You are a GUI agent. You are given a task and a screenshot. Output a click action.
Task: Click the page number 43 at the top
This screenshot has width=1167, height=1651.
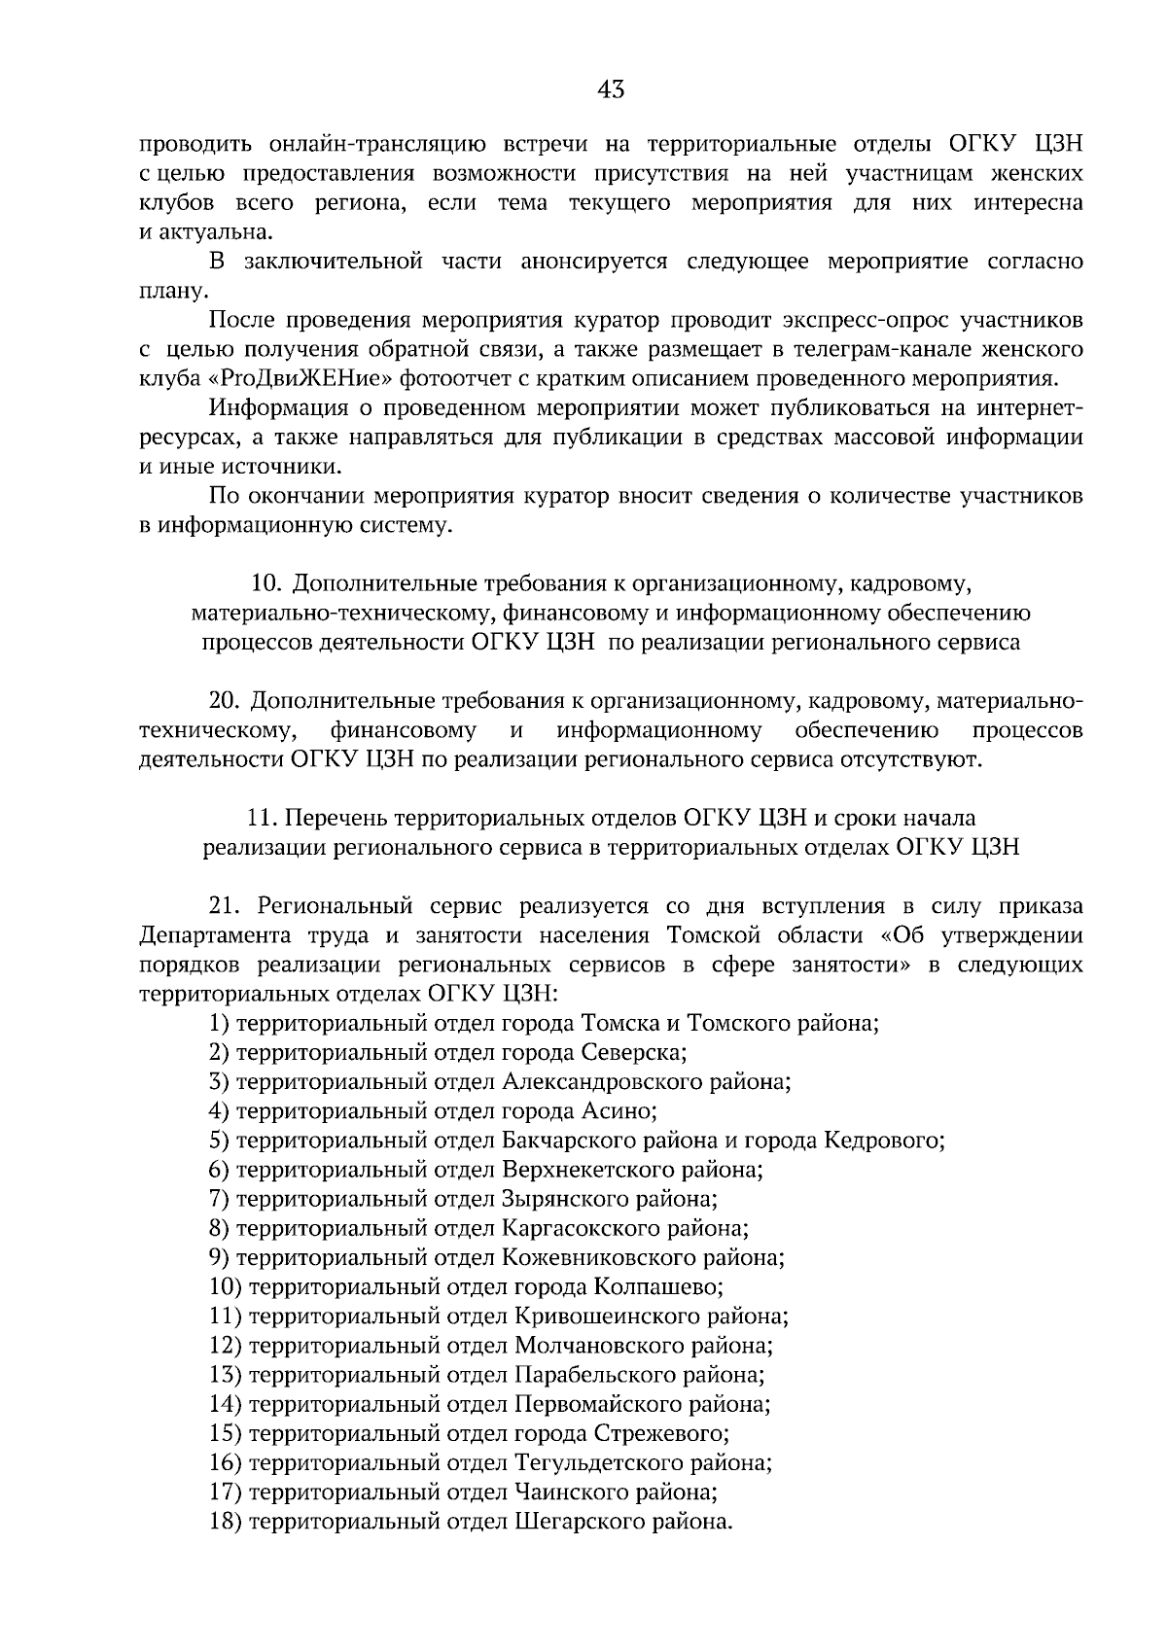click(x=612, y=90)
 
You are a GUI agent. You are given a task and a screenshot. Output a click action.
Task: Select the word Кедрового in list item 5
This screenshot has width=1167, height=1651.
click(x=883, y=1140)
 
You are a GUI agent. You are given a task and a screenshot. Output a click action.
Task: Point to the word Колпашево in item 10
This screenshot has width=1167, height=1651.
click(x=657, y=1286)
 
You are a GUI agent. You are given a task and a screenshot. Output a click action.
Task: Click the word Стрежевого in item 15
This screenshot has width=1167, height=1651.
click(x=663, y=1433)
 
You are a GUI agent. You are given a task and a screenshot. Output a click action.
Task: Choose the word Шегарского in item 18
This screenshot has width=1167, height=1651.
click(x=580, y=1521)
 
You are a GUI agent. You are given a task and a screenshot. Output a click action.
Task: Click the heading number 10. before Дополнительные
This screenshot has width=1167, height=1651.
click(x=266, y=583)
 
